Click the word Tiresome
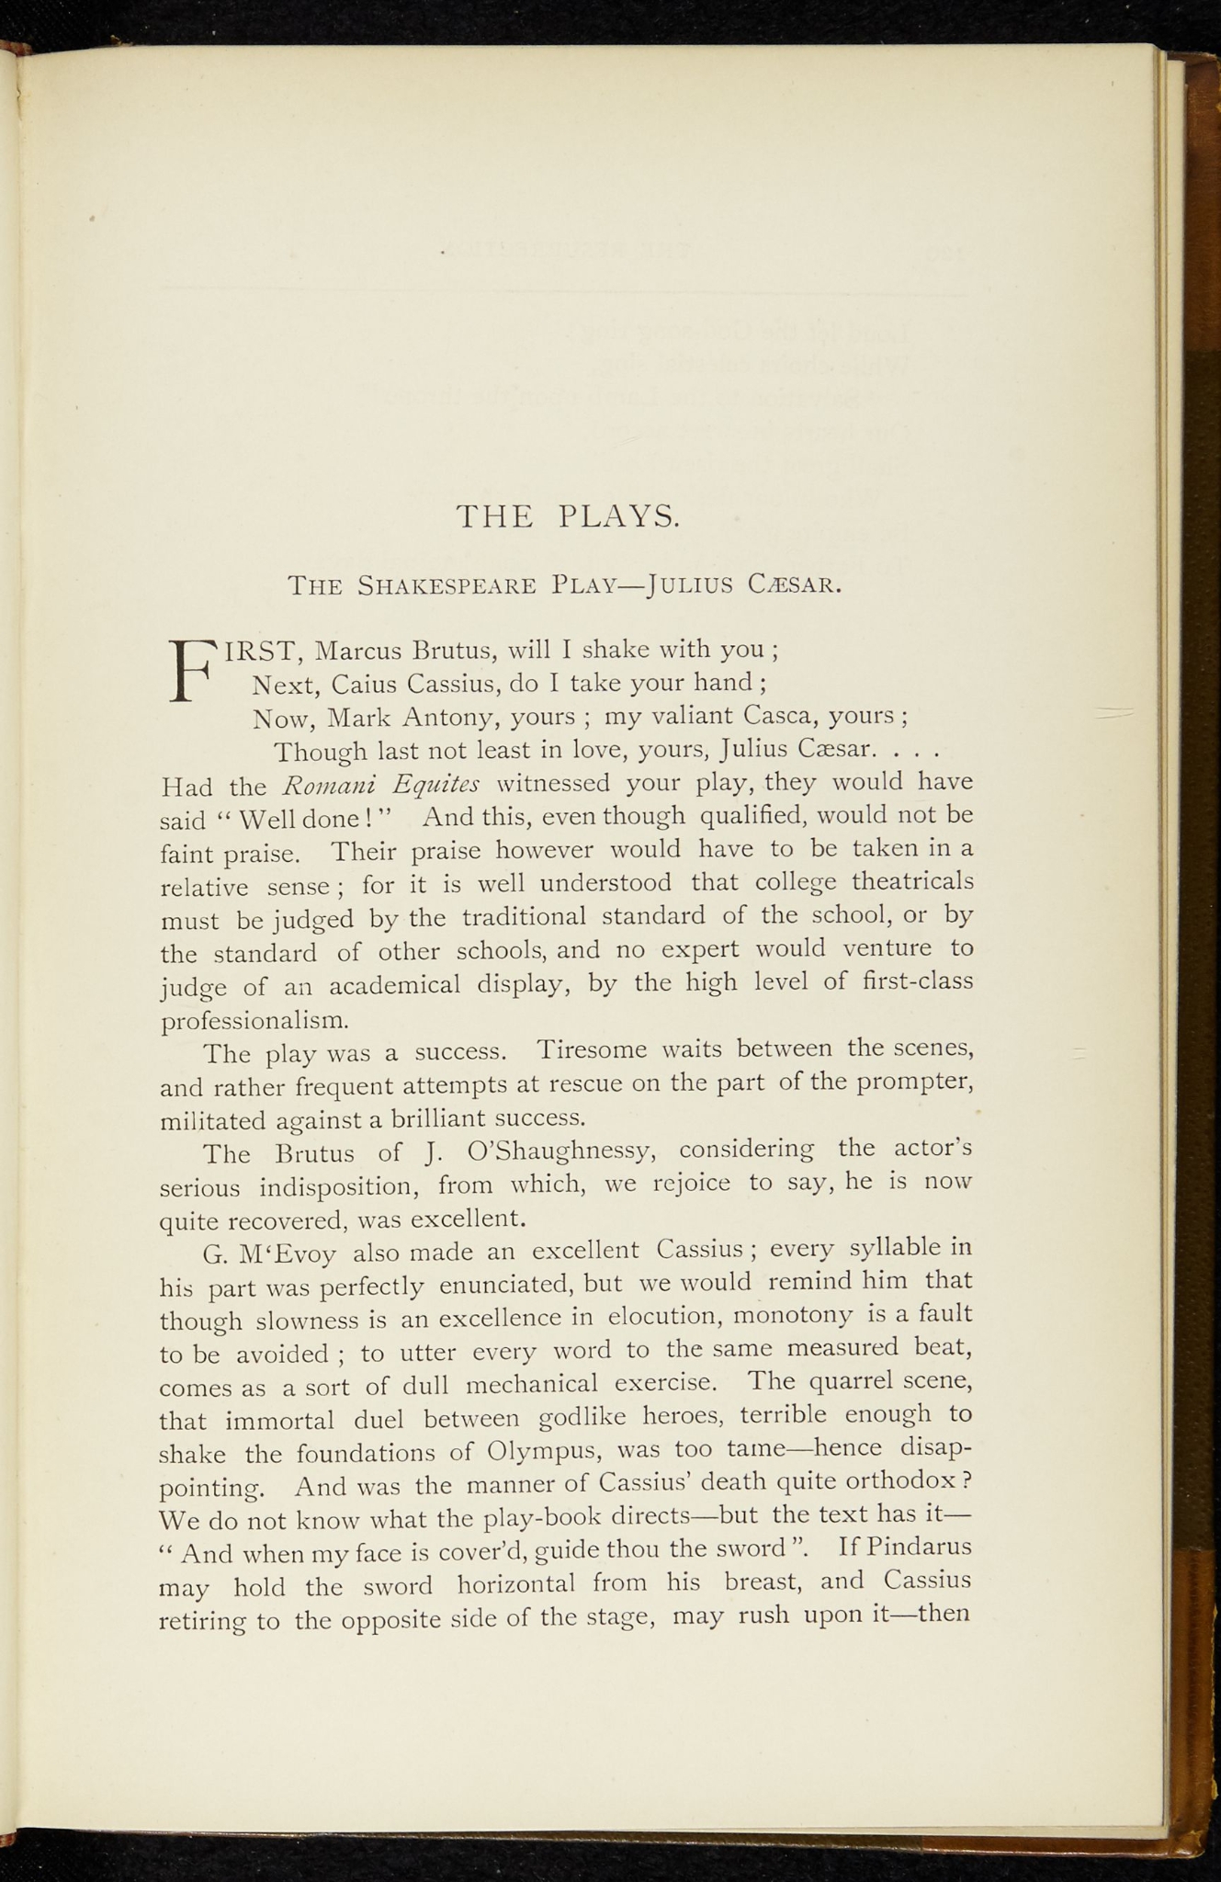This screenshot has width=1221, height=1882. pyautogui.click(x=592, y=1049)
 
